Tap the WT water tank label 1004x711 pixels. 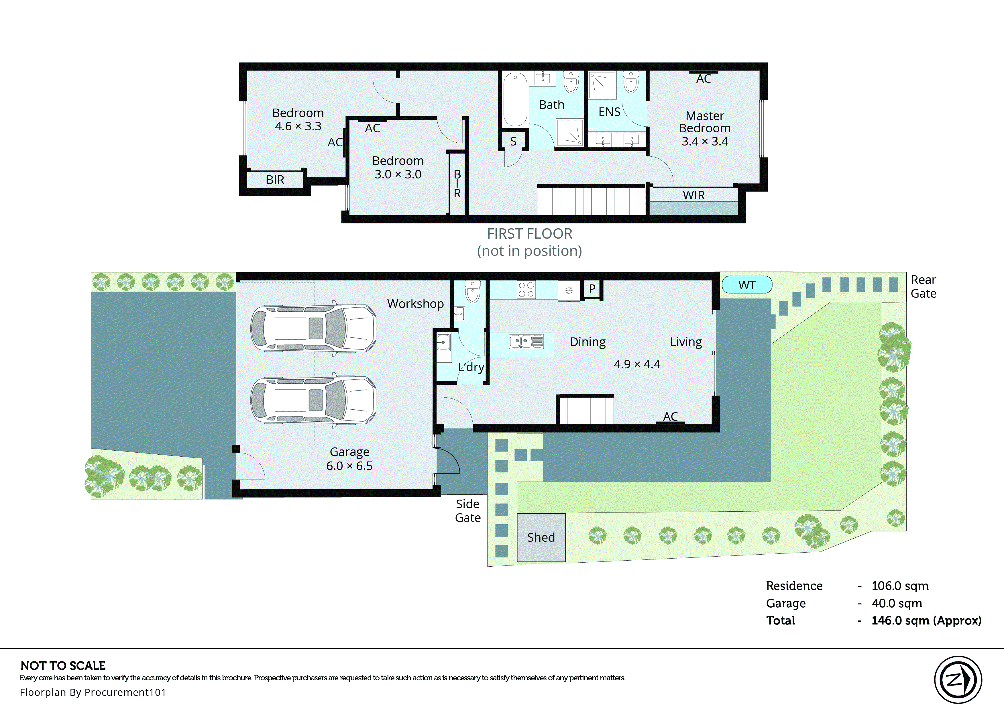point(747,285)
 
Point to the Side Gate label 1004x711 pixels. point(467,510)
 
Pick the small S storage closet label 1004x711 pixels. point(513,142)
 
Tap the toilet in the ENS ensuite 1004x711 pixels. point(631,82)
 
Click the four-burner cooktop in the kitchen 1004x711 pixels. point(526,289)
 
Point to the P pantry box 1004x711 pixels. point(592,289)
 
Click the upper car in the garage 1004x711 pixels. point(313,328)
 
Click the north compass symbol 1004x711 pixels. point(958,679)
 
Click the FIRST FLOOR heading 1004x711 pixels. point(530,234)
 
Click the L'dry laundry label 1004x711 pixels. point(471,367)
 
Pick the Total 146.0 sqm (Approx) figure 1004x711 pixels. point(926,620)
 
